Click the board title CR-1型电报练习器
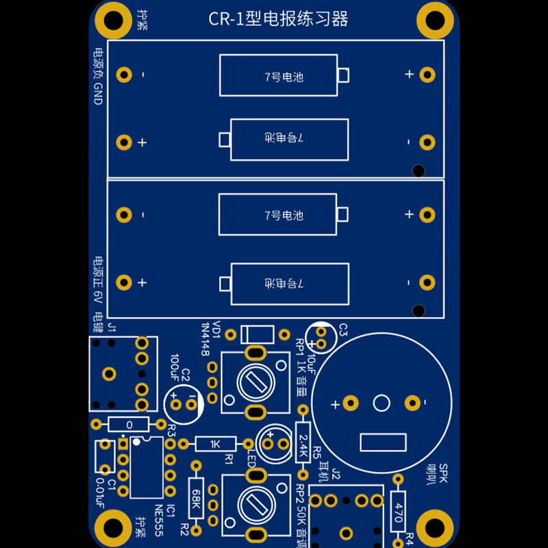(278, 19)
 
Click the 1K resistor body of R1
(216, 444)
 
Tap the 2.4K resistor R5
(303, 442)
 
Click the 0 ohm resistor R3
(129, 424)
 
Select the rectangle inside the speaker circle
(383, 443)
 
